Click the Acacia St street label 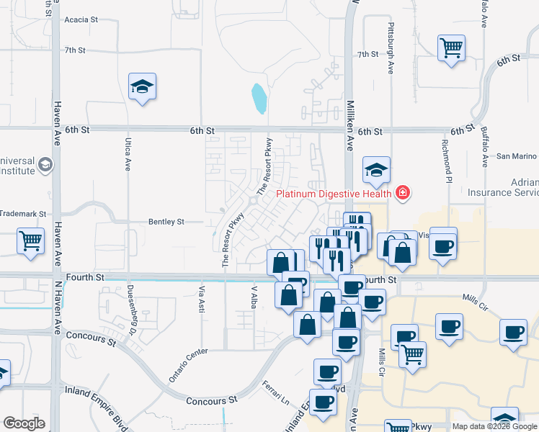(x=80, y=19)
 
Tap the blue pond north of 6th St (x=259, y=99)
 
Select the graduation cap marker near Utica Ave (x=143, y=87)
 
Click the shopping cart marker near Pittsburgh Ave (x=451, y=49)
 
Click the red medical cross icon (x=402, y=192)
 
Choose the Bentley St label (x=166, y=222)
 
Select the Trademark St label (x=22, y=215)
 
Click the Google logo (x=24, y=423)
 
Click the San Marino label (x=517, y=156)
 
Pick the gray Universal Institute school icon (x=46, y=165)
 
